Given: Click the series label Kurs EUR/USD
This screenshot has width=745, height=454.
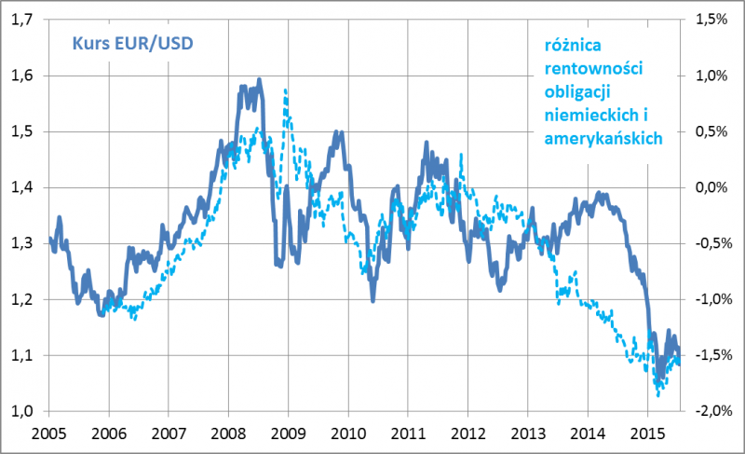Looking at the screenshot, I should point(129,44).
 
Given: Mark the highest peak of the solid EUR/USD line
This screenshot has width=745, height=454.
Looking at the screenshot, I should point(259,79).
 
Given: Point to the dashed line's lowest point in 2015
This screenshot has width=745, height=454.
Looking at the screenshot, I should point(657,395).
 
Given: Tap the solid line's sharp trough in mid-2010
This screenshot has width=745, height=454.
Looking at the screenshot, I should point(372,300).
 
